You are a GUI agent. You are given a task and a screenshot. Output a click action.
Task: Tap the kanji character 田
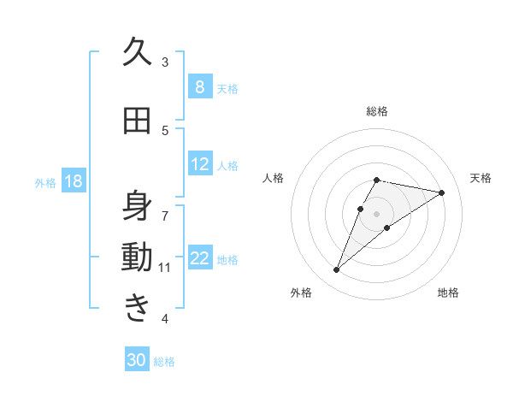pyautogui.click(x=137, y=121)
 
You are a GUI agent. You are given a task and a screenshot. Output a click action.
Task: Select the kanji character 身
pyautogui.click(x=137, y=206)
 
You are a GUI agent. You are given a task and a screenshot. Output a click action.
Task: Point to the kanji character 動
pyautogui.click(x=137, y=257)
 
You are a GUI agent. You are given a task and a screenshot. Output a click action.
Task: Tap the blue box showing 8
pyautogui.click(x=199, y=87)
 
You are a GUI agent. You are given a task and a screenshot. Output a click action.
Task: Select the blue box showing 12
pyautogui.click(x=199, y=164)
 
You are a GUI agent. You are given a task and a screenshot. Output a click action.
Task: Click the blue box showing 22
pyautogui.click(x=199, y=258)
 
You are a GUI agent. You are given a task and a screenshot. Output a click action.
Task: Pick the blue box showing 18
pyautogui.click(x=74, y=181)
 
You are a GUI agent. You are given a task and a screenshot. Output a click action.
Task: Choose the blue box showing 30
pyautogui.click(x=137, y=360)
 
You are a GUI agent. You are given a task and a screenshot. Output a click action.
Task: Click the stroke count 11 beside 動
pyautogui.click(x=165, y=268)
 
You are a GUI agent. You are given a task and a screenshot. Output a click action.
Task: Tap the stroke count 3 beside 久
pyautogui.click(x=165, y=62)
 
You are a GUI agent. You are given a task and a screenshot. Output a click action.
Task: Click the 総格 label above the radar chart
pyautogui.click(x=377, y=111)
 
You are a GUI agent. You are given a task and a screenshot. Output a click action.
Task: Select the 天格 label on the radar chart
pyautogui.click(x=481, y=178)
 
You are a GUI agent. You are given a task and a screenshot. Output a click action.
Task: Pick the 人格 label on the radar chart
pyautogui.click(x=274, y=178)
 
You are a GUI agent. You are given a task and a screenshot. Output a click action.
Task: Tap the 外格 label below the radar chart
pyautogui.click(x=301, y=293)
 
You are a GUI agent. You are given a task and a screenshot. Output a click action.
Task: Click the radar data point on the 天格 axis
pyautogui.click(x=441, y=192)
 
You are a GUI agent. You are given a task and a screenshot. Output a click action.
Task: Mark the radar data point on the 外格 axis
pyautogui.click(x=337, y=270)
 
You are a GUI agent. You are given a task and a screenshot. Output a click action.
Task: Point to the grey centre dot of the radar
pyautogui.click(x=377, y=214)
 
